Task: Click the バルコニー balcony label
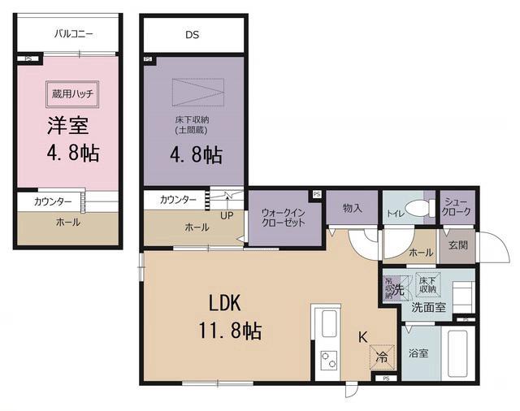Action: pos(74,34)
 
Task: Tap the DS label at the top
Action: pos(192,35)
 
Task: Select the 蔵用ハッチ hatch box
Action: pos(72,93)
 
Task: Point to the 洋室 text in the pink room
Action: pos(67,127)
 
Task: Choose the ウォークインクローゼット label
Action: pos(283,218)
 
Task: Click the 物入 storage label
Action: pos(352,209)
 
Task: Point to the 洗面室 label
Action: pos(427,308)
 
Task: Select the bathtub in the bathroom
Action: pos(459,353)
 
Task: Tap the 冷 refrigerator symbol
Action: pos(380,355)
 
